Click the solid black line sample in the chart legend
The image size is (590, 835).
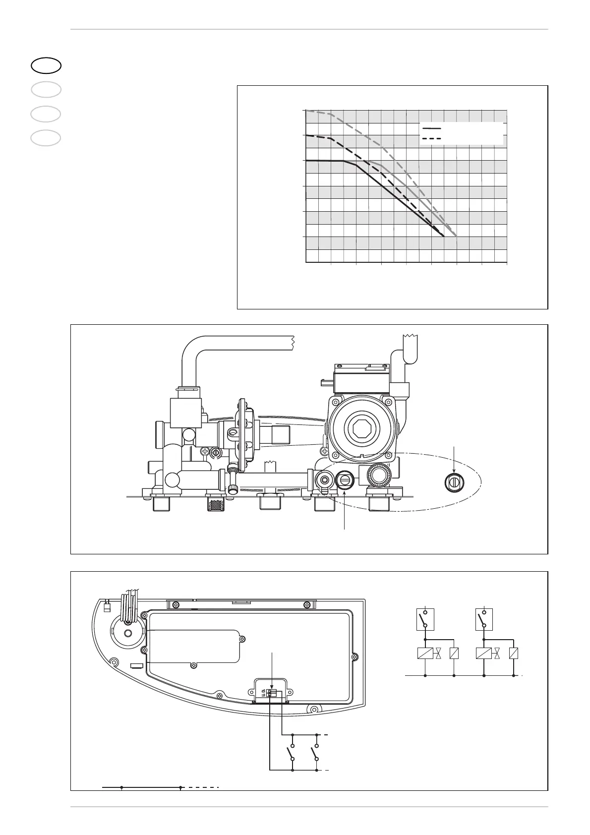click(x=431, y=128)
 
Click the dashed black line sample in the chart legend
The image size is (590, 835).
click(x=431, y=138)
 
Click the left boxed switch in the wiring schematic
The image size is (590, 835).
click(x=425, y=619)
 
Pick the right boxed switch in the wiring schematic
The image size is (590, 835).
click(x=484, y=619)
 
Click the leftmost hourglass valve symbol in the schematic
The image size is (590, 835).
click(x=439, y=654)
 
